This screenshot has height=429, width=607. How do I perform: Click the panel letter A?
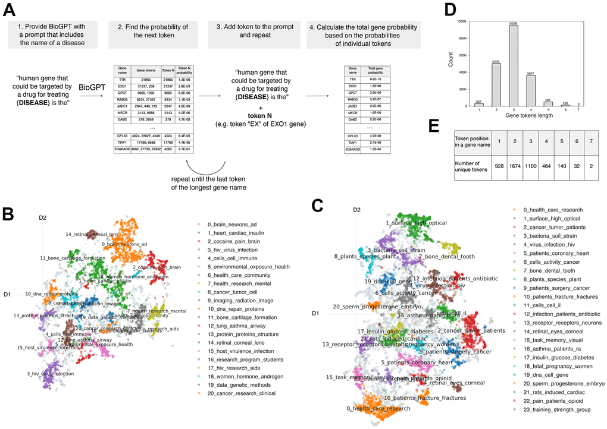10,11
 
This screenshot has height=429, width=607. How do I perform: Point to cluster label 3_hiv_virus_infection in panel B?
50,374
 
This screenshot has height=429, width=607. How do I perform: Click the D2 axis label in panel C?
356,210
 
